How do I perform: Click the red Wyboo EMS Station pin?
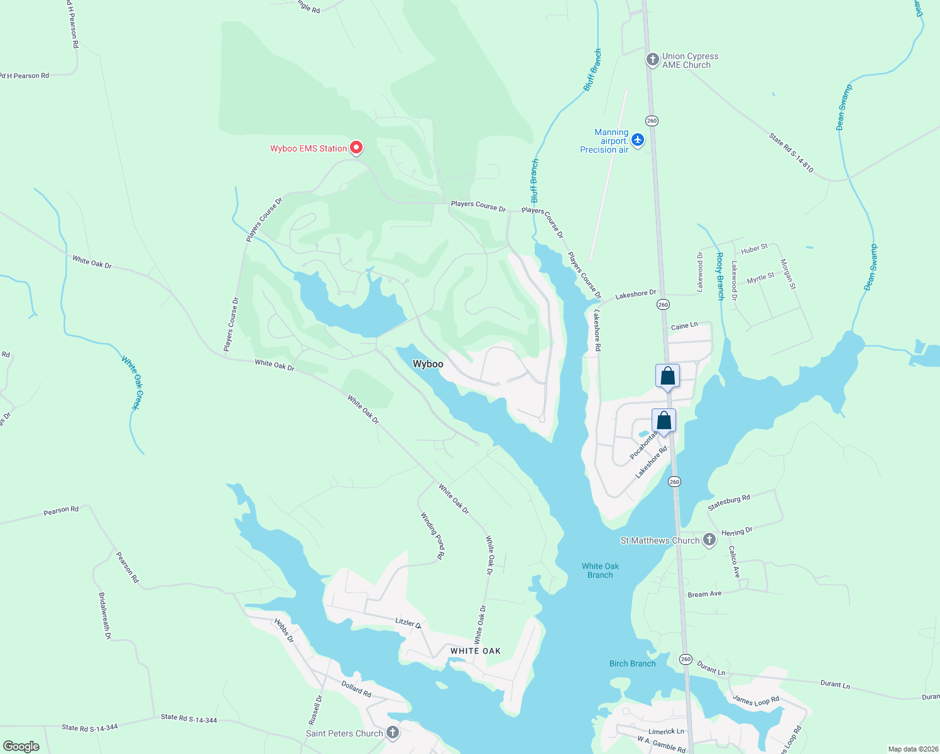(356, 148)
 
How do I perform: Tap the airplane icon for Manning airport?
(638, 139)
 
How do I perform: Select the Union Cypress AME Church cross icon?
(653, 60)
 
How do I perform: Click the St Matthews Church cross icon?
(709, 540)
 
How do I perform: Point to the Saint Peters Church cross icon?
(393, 733)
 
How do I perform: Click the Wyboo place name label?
(428, 364)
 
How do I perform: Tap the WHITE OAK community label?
(476, 651)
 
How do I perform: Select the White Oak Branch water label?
(600, 571)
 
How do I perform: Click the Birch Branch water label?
(632, 664)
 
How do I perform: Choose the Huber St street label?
(754, 249)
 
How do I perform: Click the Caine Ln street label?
(684, 326)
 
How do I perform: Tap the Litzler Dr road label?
(408, 623)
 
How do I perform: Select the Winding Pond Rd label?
(433, 535)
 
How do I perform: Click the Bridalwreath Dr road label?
(104, 616)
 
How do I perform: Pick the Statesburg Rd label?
(729, 503)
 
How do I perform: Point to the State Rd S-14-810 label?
(791, 152)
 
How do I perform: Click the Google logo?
(21, 746)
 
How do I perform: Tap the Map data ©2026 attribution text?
(912, 749)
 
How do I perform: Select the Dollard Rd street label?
(356, 689)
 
